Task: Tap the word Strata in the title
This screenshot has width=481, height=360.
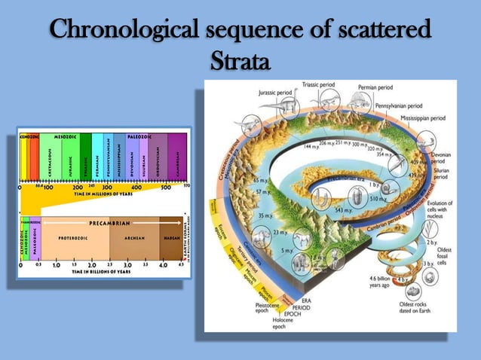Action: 240,59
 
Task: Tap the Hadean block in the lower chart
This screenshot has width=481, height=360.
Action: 171,237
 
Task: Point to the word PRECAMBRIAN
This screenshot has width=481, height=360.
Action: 110,223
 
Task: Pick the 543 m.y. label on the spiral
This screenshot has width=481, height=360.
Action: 345,209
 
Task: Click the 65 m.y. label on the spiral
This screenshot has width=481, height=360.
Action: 260,181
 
